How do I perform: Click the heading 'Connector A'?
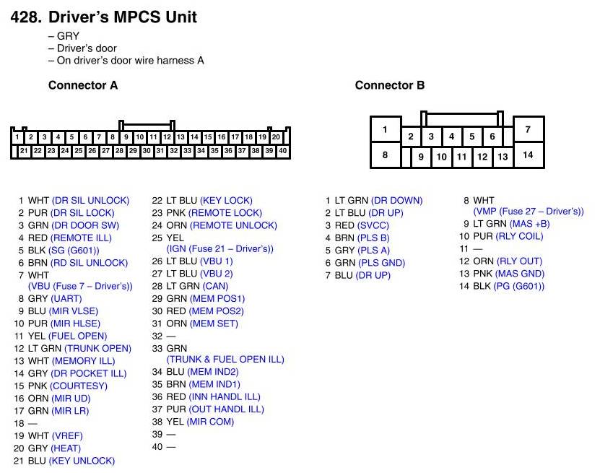pos(82,85)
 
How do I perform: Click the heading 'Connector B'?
pos(389,85)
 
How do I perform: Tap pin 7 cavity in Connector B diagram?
pos(528,130)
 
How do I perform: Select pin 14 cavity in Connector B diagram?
pos(528,155)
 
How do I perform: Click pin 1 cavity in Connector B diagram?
pos(386,130)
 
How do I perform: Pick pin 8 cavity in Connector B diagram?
pos(386,155)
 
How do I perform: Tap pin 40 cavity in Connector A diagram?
pos(282,151)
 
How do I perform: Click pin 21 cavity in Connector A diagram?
pos(24,151)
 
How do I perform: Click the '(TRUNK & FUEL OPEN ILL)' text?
pos(225,359)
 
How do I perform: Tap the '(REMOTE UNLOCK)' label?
pos(232,225)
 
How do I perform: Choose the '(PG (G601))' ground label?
pos(520,286)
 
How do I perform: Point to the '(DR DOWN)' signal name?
pos(397,200)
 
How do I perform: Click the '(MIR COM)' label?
pos(210,421)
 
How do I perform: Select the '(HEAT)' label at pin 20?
pos(66,448)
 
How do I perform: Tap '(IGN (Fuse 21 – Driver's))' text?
pos(220,249)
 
